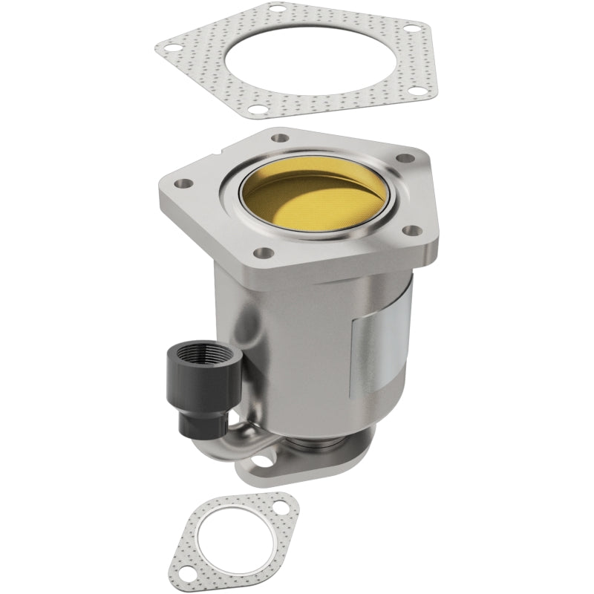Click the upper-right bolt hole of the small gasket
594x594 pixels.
point(285,509)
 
